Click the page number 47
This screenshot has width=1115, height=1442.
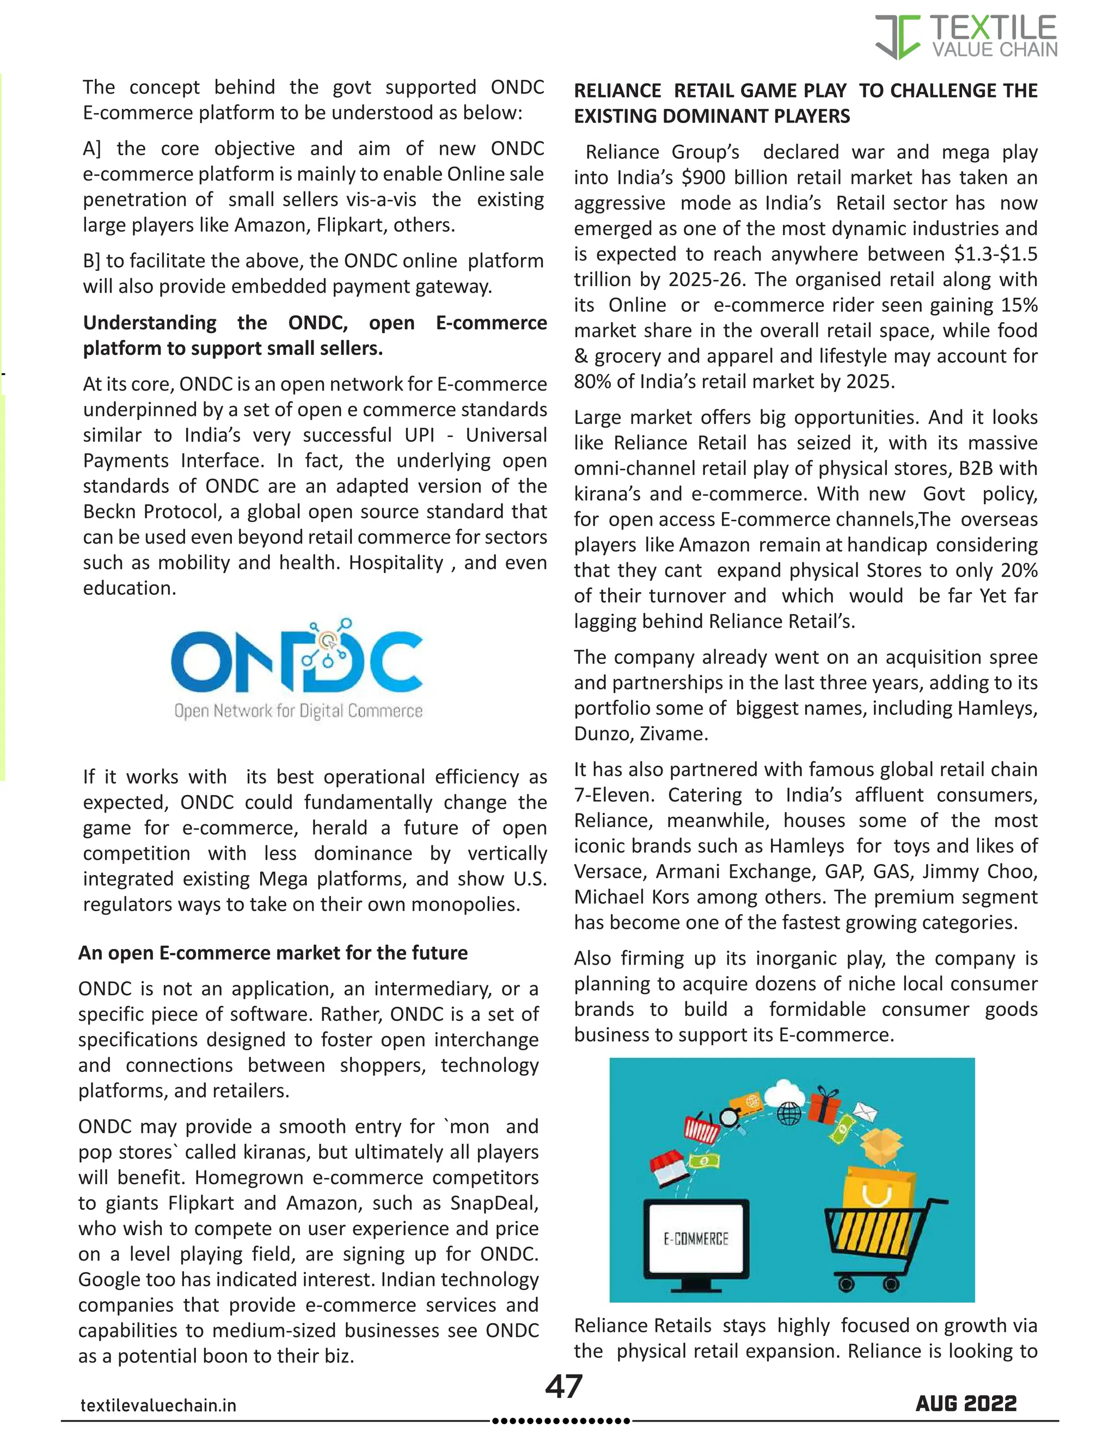pyautogui.click(x=563, y=1386)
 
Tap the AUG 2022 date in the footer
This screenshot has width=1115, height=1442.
pyautogui.click(x=966, y=1403)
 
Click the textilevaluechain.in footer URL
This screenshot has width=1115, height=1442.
pyautogui.click(x=158, y=1405)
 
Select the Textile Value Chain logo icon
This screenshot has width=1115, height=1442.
pyautogui.click(x=898, y=37)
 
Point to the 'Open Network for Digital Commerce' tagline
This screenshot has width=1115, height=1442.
pyautogui.click(x=298, y=711)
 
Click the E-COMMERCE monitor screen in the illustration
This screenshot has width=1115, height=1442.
pyautogui.click(x=696, y=1238)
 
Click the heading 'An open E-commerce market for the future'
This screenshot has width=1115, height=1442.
pyautogui.click(x=273, y=953)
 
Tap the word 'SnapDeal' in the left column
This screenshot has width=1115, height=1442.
pyautogui.click(x=494, y=1203)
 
